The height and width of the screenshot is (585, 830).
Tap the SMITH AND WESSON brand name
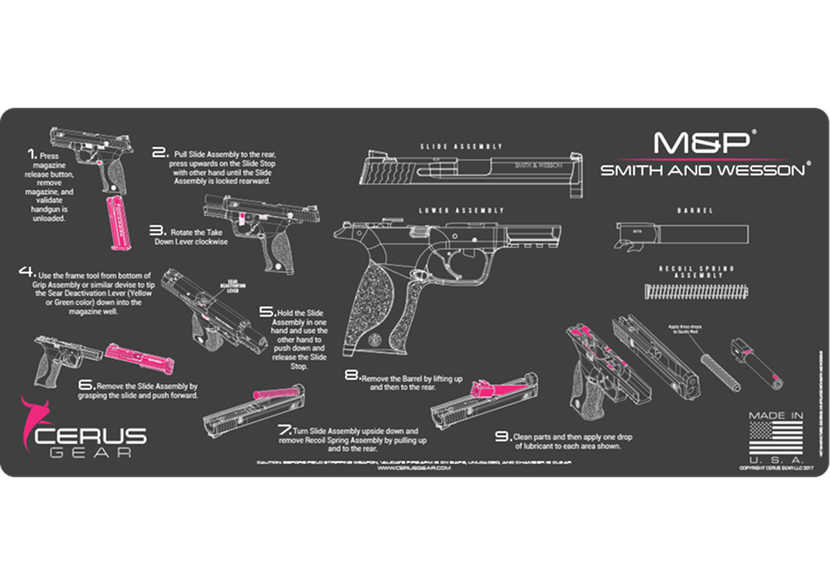point(702,170)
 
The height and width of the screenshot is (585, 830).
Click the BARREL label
point(695,211)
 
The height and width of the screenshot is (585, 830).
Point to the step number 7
point(285,430)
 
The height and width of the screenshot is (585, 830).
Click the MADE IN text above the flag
point(776,415)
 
